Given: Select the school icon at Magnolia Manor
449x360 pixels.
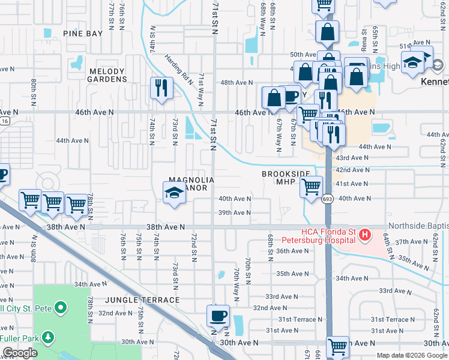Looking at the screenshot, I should click(174, 192).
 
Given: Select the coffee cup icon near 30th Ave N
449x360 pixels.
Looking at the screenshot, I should click(219, 315).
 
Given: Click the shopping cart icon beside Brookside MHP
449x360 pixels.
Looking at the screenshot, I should click(311, 187).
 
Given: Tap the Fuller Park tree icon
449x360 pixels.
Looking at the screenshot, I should click(46, 337).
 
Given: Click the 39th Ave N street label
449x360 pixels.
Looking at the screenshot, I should click(234, 212).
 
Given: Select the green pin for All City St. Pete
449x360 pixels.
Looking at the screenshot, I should click(60, 308).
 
